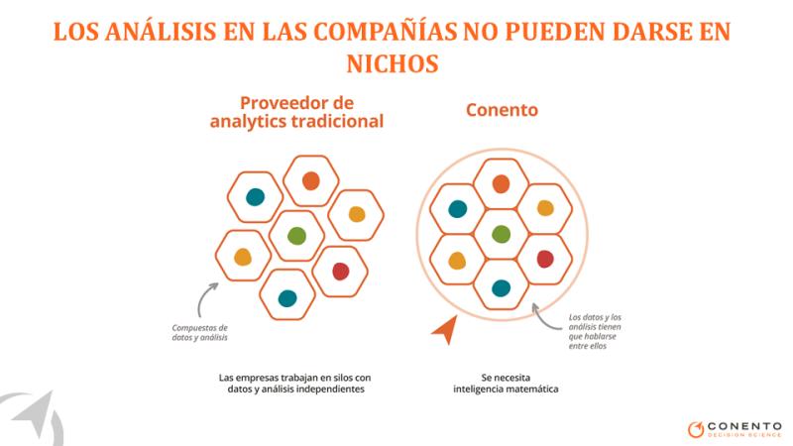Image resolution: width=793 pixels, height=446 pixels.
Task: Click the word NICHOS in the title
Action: [393, 63]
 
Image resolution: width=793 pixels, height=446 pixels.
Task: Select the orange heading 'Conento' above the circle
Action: [502, 110]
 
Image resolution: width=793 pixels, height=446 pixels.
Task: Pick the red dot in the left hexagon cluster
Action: [340, 271]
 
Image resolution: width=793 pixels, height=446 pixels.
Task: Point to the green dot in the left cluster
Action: [296, 236]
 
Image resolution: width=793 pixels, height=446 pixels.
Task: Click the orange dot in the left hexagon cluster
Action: [310, 180]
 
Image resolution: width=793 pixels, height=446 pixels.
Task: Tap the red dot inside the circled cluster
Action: [544, 259]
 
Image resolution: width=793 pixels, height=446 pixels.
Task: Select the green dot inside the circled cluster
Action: [501, 234]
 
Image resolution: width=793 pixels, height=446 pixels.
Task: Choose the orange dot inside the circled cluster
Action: [501, 184]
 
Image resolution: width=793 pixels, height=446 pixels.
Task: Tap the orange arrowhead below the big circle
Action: [446, 330]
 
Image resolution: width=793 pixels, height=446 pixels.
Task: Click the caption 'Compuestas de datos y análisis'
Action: [200, 333]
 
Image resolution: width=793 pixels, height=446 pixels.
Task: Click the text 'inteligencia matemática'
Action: [506, 390]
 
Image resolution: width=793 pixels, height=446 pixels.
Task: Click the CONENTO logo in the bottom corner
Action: [735, 429]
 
